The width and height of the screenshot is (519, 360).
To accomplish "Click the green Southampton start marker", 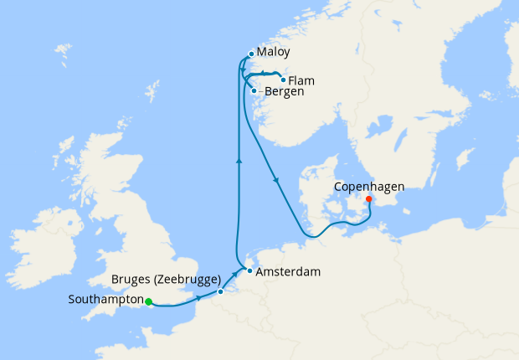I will point(148,301).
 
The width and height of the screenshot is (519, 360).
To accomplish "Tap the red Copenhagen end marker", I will point(369,199).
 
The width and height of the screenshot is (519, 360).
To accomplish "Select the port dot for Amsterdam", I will point(249,271).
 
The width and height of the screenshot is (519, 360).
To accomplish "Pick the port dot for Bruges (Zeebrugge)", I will point(220,291).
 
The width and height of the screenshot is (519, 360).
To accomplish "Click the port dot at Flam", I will point(283,80).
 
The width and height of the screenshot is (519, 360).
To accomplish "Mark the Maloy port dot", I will point(251,54).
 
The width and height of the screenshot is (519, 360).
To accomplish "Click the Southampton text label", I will point(106,300).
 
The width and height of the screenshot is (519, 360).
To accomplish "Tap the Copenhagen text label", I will point(369,186).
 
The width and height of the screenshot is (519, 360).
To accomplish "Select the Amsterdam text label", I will point(289,272).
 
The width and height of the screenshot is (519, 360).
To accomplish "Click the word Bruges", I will point(131,279).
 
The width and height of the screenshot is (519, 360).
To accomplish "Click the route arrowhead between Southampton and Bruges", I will point(198,298).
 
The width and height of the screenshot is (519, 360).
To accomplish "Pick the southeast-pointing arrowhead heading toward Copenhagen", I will point(275,180).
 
